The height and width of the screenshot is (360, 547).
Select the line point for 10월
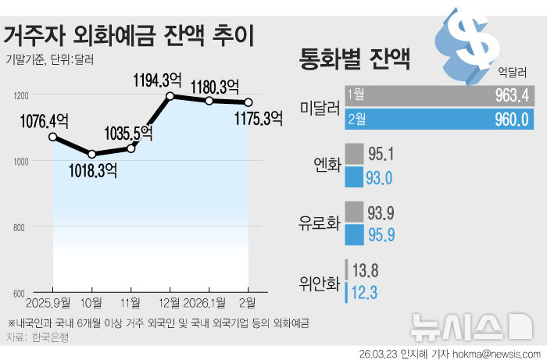coord(92,154)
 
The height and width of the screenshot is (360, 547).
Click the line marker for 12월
coord(170,96)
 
